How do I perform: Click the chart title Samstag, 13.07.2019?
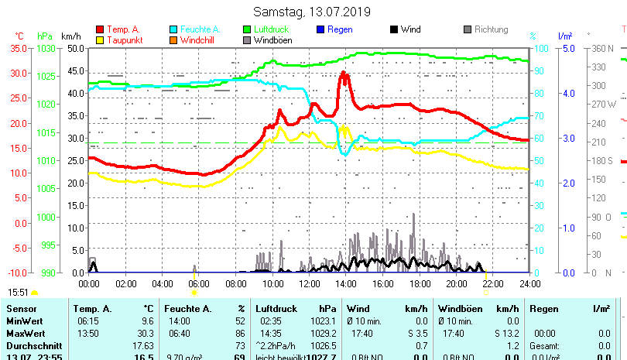pos(312,12)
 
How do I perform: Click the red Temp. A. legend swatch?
pos(100,29)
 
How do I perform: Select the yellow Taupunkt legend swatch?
pos(100,40)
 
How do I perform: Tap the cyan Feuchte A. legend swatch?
pos(173,29)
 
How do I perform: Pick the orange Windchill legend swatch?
pos(173,40)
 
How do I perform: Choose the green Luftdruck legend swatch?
pos(247,29)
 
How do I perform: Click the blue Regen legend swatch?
pos(320,29)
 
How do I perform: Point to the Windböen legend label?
pos(272,40)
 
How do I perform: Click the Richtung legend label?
pos(491,29)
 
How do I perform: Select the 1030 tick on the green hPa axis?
pos(46,48)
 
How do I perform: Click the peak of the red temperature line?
pos(344,74)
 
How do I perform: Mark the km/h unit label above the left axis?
pos(70,36)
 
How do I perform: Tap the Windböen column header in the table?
pos(458,308)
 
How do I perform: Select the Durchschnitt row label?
pos(31,345)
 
